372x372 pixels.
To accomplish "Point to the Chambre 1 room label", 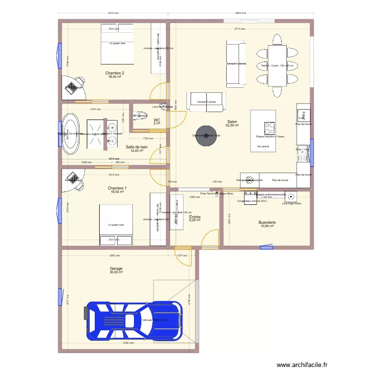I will tap(117, 189).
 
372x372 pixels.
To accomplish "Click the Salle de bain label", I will tap(136, 148).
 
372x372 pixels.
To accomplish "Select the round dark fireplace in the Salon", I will tap(206, 135).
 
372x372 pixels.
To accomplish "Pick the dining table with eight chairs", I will tap(277, 65).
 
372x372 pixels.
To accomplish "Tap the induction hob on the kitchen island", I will tap(269, 128).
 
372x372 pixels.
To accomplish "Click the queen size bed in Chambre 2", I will tap(117, 43).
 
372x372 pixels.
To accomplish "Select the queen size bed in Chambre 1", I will tap(116, 225).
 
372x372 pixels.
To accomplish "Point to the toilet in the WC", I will tap(138, 116).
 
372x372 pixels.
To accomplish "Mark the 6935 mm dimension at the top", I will tap(242, 13).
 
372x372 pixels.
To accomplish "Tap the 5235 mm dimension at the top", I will tap(114, 13).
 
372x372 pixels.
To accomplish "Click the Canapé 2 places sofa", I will tap(205, 101).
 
